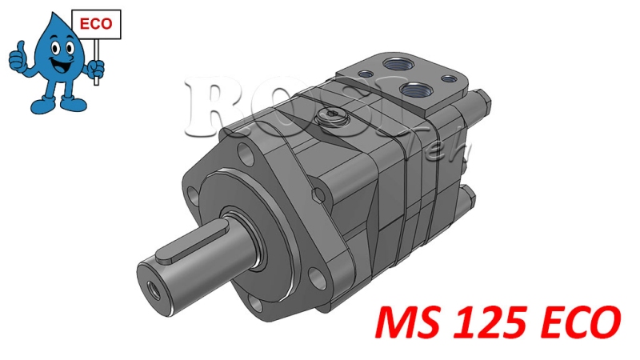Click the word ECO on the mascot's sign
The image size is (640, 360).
(x=97, y=25)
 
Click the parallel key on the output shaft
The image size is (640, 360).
(x=178, y=254)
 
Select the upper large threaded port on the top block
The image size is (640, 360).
(x=396, y=62)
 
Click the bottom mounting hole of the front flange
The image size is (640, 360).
(x=254, y=304)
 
